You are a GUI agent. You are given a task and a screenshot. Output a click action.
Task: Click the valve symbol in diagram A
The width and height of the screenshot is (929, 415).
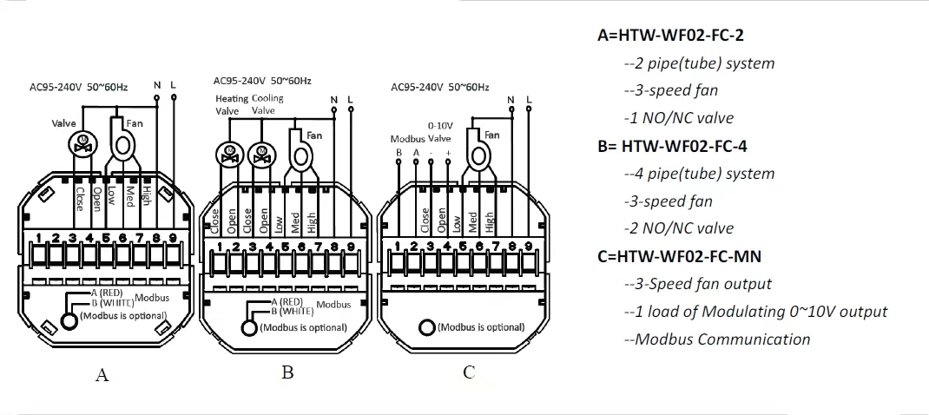point(83,142)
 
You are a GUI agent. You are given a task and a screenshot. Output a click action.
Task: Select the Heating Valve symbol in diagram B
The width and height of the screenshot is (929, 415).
point(227,155)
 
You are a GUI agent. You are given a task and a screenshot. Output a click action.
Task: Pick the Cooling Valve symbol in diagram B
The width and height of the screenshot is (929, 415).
point(260,155)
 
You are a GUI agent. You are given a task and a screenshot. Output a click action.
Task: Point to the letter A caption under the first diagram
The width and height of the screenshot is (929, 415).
point(102,375)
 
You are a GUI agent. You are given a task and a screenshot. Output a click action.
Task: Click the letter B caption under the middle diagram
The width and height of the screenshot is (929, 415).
point(287,372)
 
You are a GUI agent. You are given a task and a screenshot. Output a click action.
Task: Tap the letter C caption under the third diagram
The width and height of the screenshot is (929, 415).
point(469,372)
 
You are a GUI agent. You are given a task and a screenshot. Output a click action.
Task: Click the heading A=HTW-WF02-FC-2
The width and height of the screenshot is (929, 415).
point(670,36)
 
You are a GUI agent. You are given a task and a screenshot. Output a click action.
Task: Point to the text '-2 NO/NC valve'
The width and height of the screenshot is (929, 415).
point(678,228)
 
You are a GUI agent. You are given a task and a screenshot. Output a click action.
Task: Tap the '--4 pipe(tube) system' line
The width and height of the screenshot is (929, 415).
point(699,174)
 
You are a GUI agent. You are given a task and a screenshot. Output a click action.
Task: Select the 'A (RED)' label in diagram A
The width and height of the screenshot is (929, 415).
point(113,293)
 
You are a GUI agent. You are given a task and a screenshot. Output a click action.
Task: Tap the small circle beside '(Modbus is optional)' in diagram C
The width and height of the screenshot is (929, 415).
point(427,327)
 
